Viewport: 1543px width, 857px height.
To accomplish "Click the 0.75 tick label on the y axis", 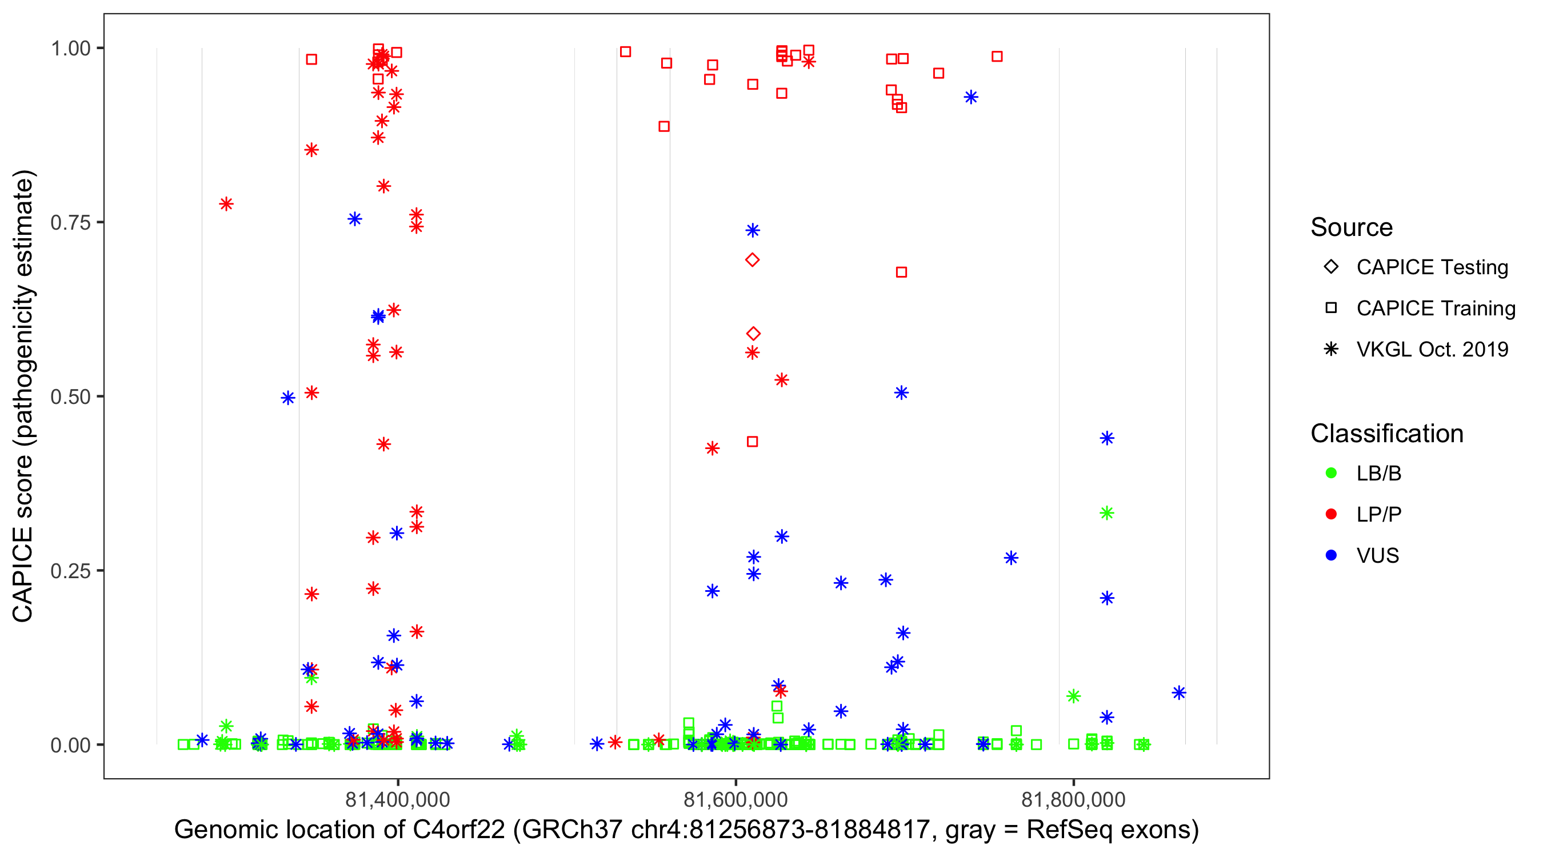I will coord(70,223).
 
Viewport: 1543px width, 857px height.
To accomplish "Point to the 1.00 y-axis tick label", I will coord(70,49).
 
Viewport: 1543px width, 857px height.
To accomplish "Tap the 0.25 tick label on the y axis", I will coord(70,571).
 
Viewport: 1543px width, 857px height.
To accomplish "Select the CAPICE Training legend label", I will coord(1435,309).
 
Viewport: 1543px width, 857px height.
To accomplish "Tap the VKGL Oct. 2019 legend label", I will coord(1432,350).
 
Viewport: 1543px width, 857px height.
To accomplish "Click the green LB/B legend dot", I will coord(1331,473).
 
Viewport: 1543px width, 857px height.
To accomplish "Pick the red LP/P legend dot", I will coord(1331,514).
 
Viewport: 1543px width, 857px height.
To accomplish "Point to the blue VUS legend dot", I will coord(1331,556).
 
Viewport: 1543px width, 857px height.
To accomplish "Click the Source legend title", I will coord(1352,227).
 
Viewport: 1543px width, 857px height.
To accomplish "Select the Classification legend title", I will coord(1386,434).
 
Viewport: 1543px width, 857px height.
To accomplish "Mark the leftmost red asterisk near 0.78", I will coord(226,204).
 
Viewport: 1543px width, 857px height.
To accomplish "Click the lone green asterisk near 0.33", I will coord(1106,513).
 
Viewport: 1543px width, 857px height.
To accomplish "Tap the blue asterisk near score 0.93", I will coord(971,97).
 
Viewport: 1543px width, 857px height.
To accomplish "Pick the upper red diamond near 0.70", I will coord(752,260).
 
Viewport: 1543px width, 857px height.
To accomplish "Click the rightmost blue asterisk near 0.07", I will coord(1179,693).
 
